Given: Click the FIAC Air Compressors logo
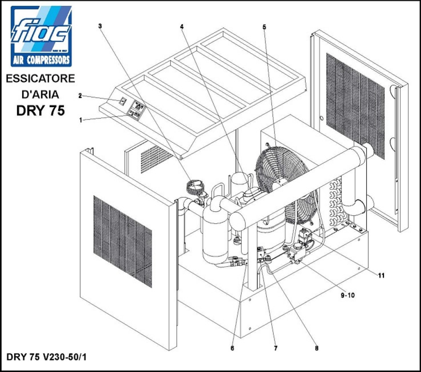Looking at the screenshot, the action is click(x=41, y=36).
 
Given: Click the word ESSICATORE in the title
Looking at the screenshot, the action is click(x=40, y=79).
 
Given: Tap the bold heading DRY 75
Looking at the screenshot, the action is click(x=41, y=110).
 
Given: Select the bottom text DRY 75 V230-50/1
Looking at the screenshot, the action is click(x=46, y=357).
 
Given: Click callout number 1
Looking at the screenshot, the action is click(x=81, y=120).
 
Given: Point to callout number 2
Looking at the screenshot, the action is click(x=80, y=96).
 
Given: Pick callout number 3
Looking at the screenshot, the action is click(x=100, y=26).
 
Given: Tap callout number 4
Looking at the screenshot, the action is click(x=182, y=27).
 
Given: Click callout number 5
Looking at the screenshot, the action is click(x=264, y=27).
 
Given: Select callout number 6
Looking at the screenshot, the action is click(x=232, y=348).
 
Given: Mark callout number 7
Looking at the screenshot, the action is click(x=276, y=348).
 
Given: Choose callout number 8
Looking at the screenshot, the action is click(x=316, y=348).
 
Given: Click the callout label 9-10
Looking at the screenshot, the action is click(x=348, y=295).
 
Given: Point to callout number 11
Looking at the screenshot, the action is click(x=381, y=275).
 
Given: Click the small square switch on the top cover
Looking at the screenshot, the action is click(x=123, y=101).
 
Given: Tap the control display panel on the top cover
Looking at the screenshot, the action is click(x=137, y=110).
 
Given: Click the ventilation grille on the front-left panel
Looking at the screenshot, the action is click(x=123, y=241).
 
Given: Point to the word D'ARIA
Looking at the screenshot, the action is click(x=40, y=95).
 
